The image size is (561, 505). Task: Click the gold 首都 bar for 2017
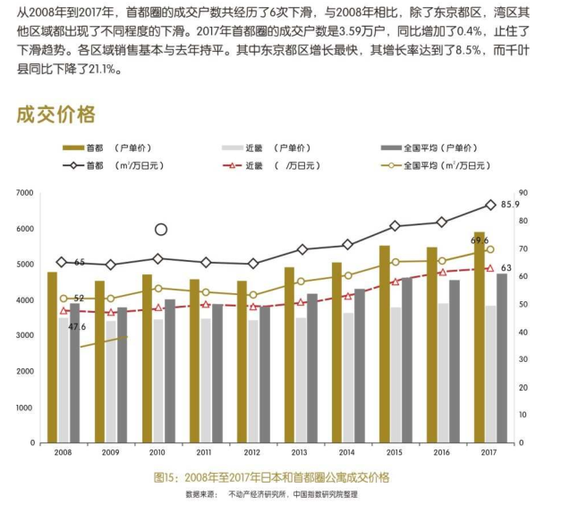click(480, 349)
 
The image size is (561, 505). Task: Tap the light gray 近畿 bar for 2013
click(301, 380)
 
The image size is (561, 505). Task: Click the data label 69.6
click(480, 240)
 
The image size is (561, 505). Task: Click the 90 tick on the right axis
click(524, 193)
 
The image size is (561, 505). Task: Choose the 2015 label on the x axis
click(396, 453)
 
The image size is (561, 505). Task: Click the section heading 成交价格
click(55, 114)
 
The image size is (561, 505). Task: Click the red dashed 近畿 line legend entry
click(264, 164)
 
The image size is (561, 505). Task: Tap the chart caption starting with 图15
click(271, 477)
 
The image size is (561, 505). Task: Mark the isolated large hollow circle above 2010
click(161, 230)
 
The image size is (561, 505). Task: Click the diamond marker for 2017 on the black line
click(490, 205)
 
